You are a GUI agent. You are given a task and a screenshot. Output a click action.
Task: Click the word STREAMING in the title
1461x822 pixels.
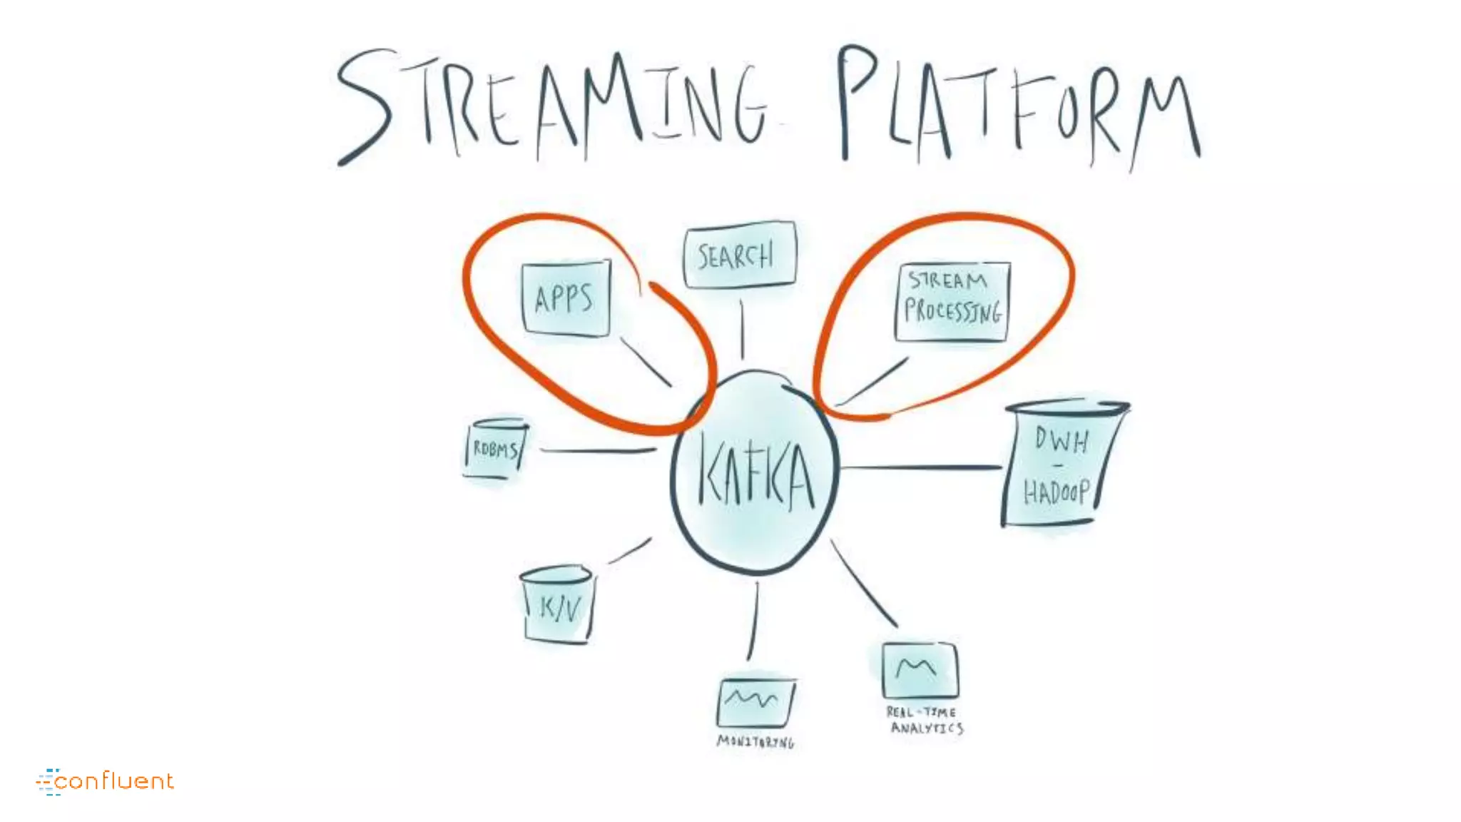pyautogui.click(x=553, y=103)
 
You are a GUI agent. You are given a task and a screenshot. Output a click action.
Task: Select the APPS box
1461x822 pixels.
pyautogui.click(x=566, y=298)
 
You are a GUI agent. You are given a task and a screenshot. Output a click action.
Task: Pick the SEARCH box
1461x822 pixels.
pyautogui.click(x=739, y=255)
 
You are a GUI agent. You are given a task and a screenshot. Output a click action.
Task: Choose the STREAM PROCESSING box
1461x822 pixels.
pyautogui.click(x=952, y=300)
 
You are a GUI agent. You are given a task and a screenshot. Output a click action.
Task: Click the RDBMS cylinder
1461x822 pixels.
pyautogui.click(x=496, y=449)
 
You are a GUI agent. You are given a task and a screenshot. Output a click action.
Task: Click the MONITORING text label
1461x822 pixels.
pyautogui.click(x=755, y=742)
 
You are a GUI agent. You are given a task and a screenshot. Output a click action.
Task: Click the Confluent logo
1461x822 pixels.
pyautogui.click(x=105, y=781)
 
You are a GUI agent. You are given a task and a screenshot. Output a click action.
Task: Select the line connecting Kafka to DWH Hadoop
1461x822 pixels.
pyautogui.click(x=920, y=468)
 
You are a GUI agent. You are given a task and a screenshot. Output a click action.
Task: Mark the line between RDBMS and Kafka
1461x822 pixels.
pyautogui.click(x=598, y=451)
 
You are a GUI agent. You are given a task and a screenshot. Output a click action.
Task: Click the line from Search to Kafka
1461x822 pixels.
pyautogui.click(x=742, y=328)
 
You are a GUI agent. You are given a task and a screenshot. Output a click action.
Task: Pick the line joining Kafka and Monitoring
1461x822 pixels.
pyautogui.click(x=753, y=621)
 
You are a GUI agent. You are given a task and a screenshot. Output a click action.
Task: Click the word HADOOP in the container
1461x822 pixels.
pyautogui.click(x=1056, y=492)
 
